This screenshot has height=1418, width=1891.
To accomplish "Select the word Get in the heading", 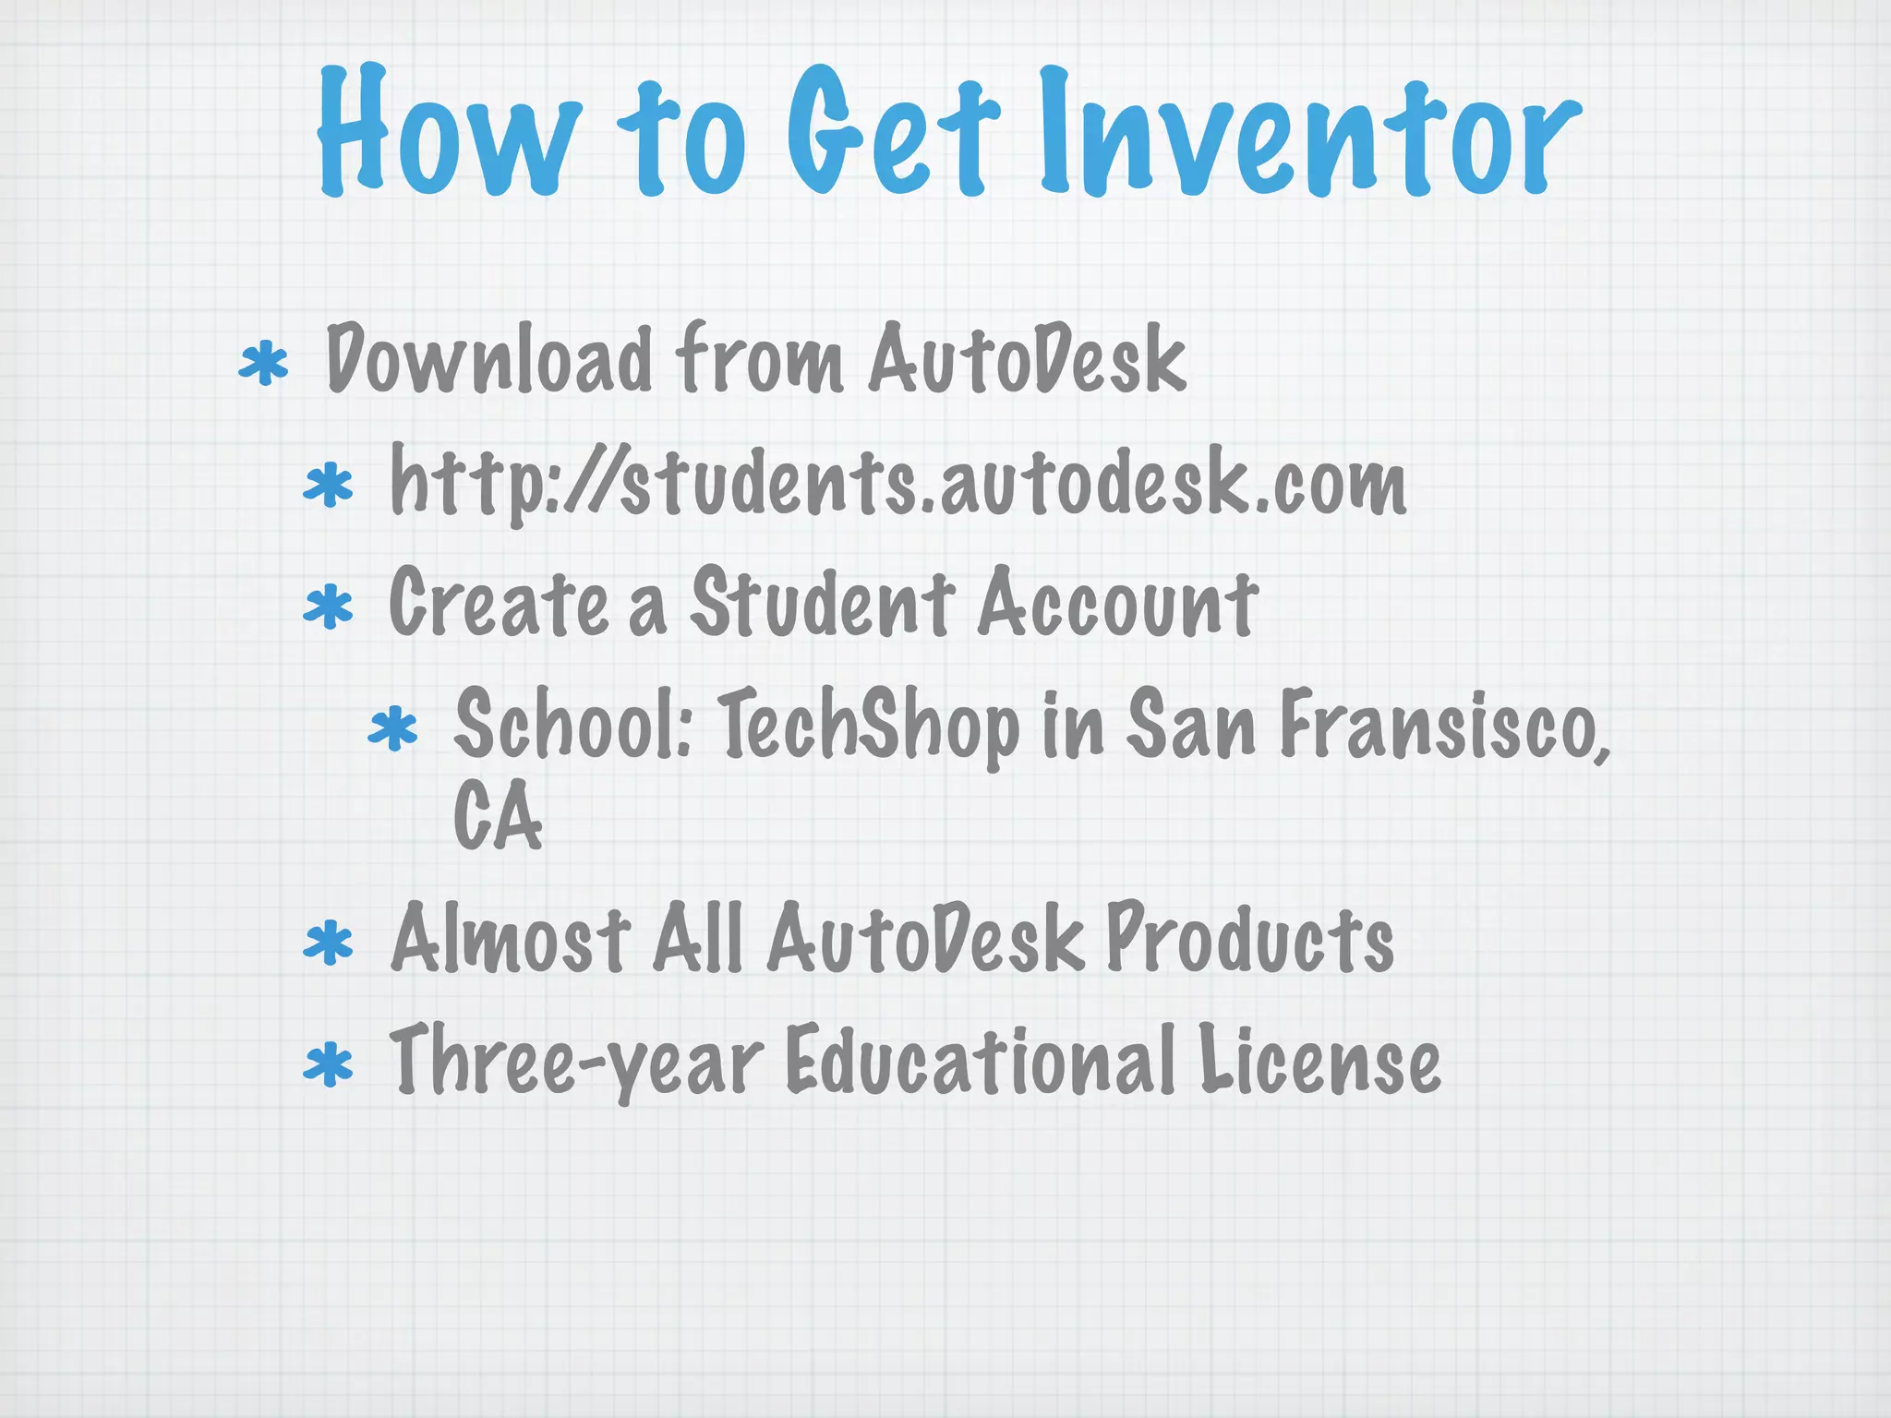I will pos(892,134).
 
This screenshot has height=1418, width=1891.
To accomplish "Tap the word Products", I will pos(1250,940).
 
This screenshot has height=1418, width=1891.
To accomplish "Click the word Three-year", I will pos(576,1062).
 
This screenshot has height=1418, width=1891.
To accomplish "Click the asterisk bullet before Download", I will pos(263,364).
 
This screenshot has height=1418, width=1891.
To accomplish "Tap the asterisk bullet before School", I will pos(392,728).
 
